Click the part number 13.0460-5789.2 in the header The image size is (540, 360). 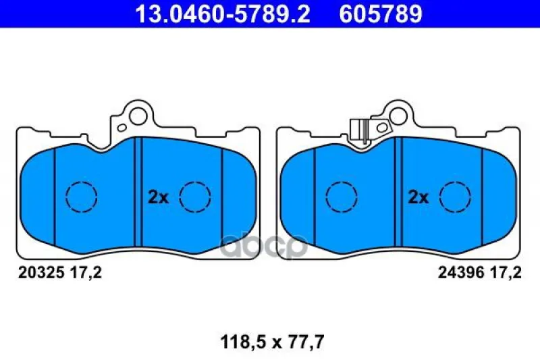(x=223, y=14)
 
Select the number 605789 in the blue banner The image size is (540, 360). (x=381, y=14)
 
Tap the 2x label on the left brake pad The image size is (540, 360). (x=158, y=197)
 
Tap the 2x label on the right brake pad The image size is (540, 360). (x=418, y=197)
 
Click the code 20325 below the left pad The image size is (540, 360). (x=41, y=273)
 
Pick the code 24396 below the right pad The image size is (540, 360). (x=461, y=273)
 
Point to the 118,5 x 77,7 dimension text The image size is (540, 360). (x=272, y=342)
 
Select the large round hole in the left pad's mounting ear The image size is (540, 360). (x=138, y=115)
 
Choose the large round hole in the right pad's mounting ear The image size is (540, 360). (x=398, y=115)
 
